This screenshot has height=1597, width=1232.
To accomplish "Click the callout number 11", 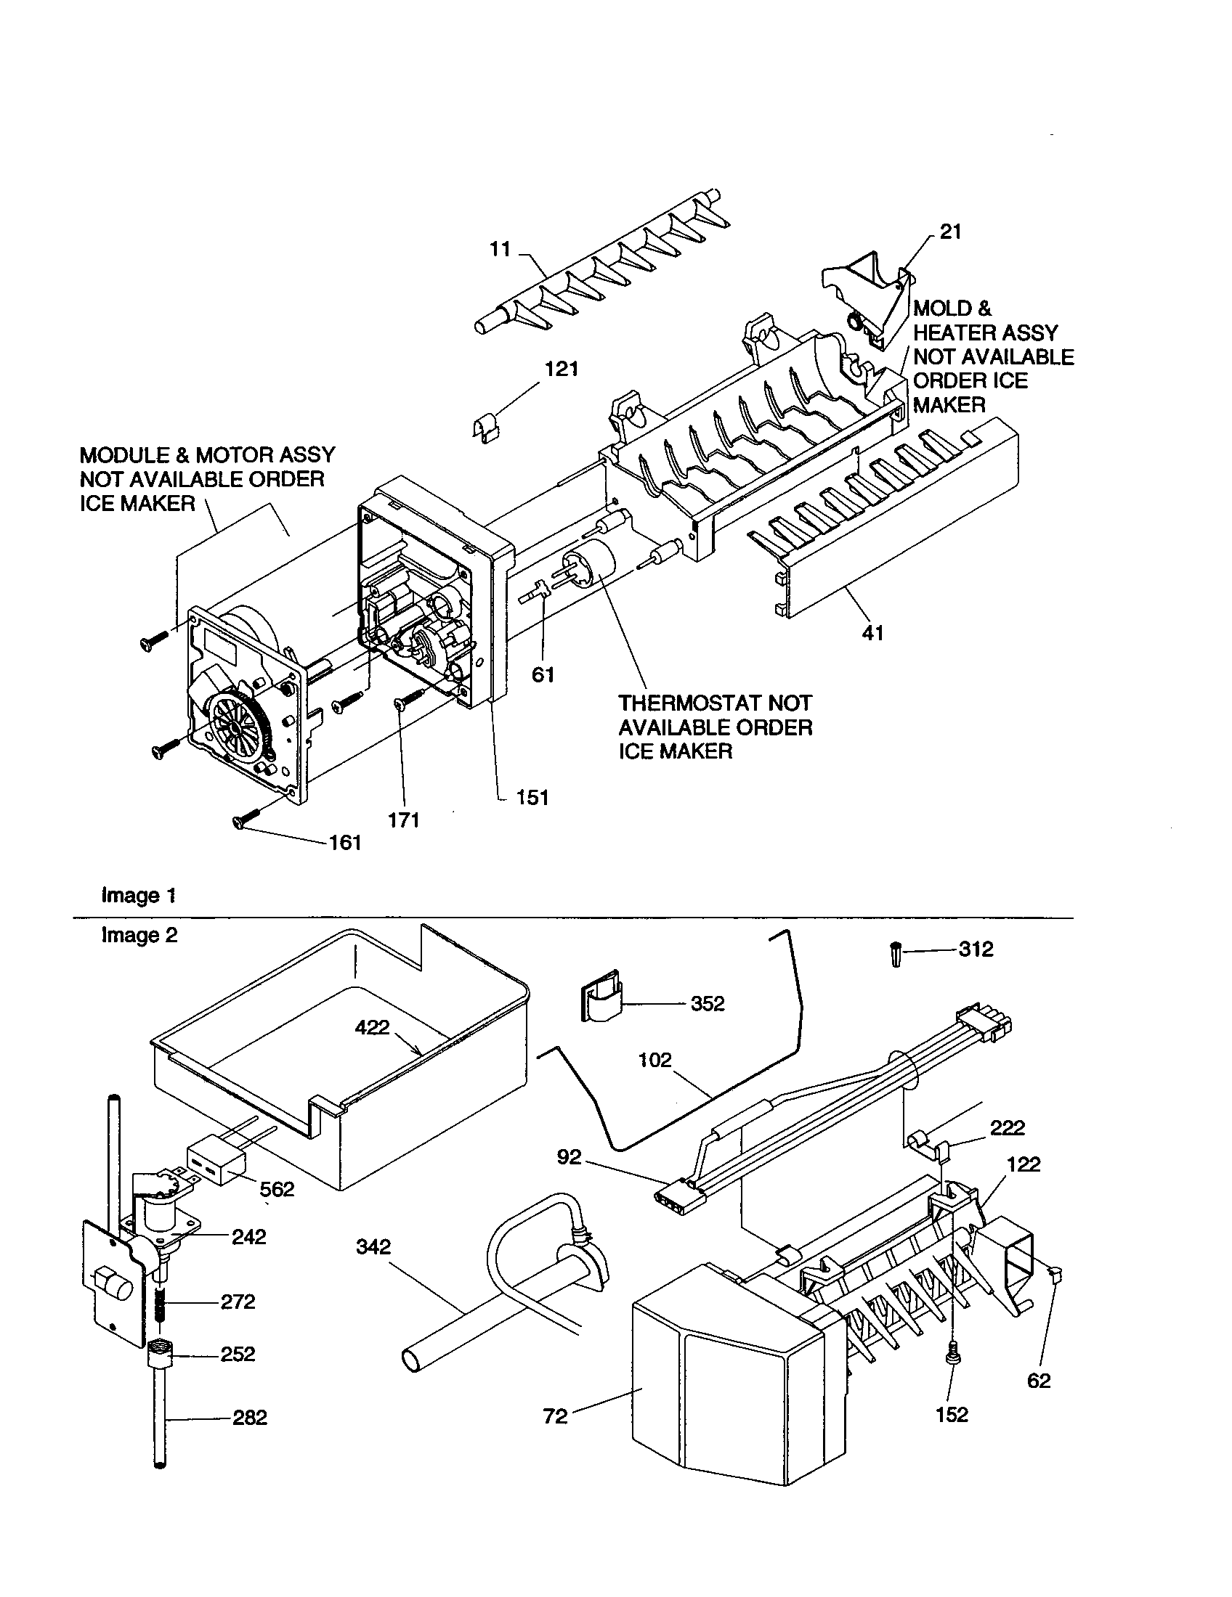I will pos(500,249).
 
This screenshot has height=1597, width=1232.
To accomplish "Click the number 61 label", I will pos(543,675).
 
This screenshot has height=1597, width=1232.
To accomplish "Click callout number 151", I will pos(532,797).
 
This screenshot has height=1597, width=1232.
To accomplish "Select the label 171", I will pos(403,820).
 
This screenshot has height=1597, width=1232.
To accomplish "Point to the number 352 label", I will pos(707,1003).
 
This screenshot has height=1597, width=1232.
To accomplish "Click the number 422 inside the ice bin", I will pos(372,1027).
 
